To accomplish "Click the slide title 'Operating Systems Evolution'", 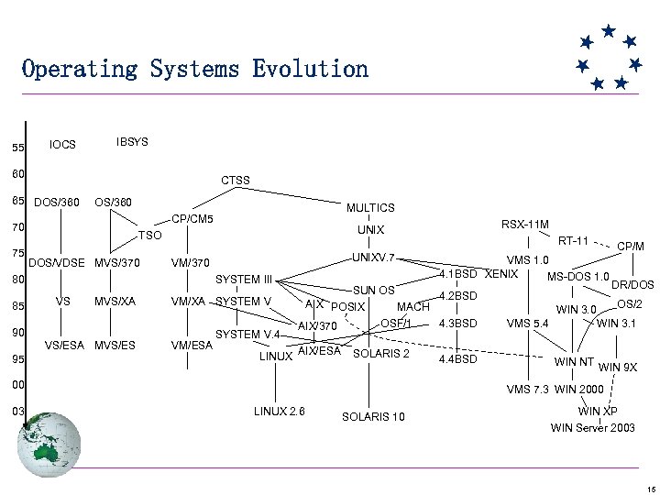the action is click(x=194, y=69).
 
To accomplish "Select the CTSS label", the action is click(x=236, y=181).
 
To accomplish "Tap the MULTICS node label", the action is click(x=370, y=208).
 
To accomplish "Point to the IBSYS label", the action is click(x=133, y=142).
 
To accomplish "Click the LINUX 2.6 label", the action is click(x=280, y=410).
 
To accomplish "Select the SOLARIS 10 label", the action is click(x=373, y=417).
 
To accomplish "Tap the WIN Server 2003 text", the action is click(x=592, y=428).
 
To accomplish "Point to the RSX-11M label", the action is click(x=525, y=224).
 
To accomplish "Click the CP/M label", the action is click(x=632, y=246).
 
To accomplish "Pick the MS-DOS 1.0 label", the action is click(x=578, y=277).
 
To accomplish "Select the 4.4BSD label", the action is click(x=458, y=358).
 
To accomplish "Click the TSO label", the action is click(x=149, y=236).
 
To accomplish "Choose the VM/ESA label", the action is click(x=192, y=345).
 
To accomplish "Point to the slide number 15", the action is click(x=646, y=488).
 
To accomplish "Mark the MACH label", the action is click(x=412, y=306).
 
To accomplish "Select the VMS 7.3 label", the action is click(x=528, y=390).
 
